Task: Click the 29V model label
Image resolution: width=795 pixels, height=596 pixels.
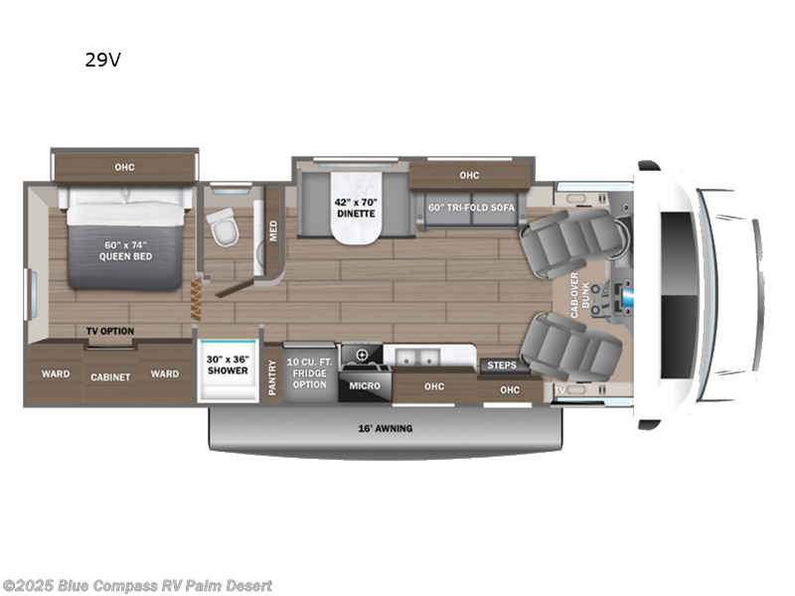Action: coord(102,60)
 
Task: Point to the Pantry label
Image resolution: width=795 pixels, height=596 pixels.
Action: coord(272,378)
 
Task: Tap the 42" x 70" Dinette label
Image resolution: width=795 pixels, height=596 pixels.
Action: coord(353,207)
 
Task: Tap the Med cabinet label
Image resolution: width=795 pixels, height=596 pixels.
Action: coord(273,229)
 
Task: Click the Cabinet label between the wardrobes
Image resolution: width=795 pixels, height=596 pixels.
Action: coord(111,377)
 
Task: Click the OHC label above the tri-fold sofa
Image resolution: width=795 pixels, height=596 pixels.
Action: coord(469,176)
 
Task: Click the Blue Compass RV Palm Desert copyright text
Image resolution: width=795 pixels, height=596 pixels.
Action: coord(137,586)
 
